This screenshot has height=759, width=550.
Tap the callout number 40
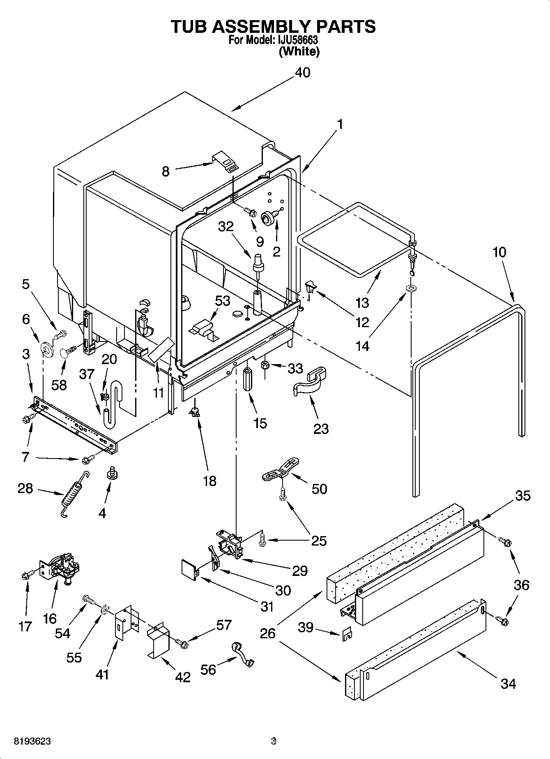click(303, 73)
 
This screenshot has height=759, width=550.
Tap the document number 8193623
click(33, 742)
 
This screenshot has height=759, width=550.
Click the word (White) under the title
click(299, 51)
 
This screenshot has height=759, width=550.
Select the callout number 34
click(508, 683)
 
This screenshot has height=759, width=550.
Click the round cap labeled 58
click(65, 352)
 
